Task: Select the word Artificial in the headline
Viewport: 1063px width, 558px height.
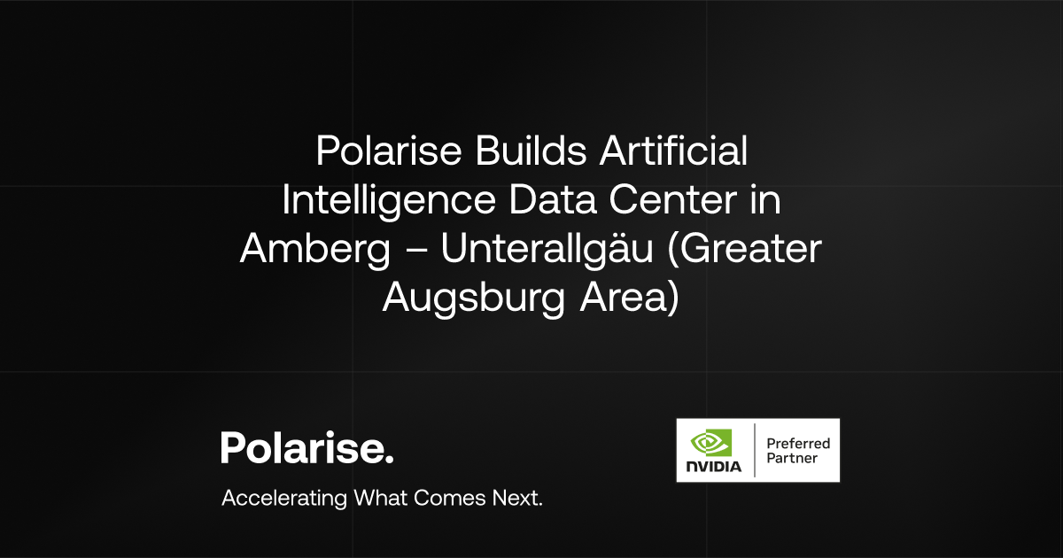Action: click(x=672, y=152)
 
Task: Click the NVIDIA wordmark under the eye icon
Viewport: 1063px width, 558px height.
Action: click(x=713, y=466)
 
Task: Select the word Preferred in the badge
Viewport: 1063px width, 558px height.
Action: click(x=797, y=442)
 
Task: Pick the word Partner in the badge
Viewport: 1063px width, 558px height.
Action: click(x=792, y=459)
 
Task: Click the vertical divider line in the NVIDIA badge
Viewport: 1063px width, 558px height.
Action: click(x=754, y=450)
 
